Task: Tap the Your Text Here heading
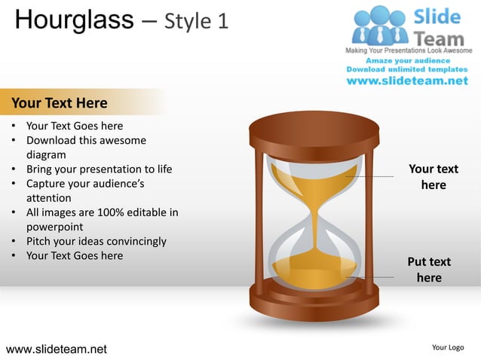pos(59,102)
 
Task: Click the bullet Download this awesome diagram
pos(85,140)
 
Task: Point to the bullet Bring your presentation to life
pos(99,169)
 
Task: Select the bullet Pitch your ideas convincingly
pos(96,241)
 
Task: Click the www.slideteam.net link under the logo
pos(407,81)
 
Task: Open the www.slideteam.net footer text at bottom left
pos(57,349)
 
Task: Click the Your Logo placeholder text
pos(448,347)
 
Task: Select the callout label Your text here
pos(433,177)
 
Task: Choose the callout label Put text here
pos(429,270)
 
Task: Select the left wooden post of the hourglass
pos(260,218)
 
